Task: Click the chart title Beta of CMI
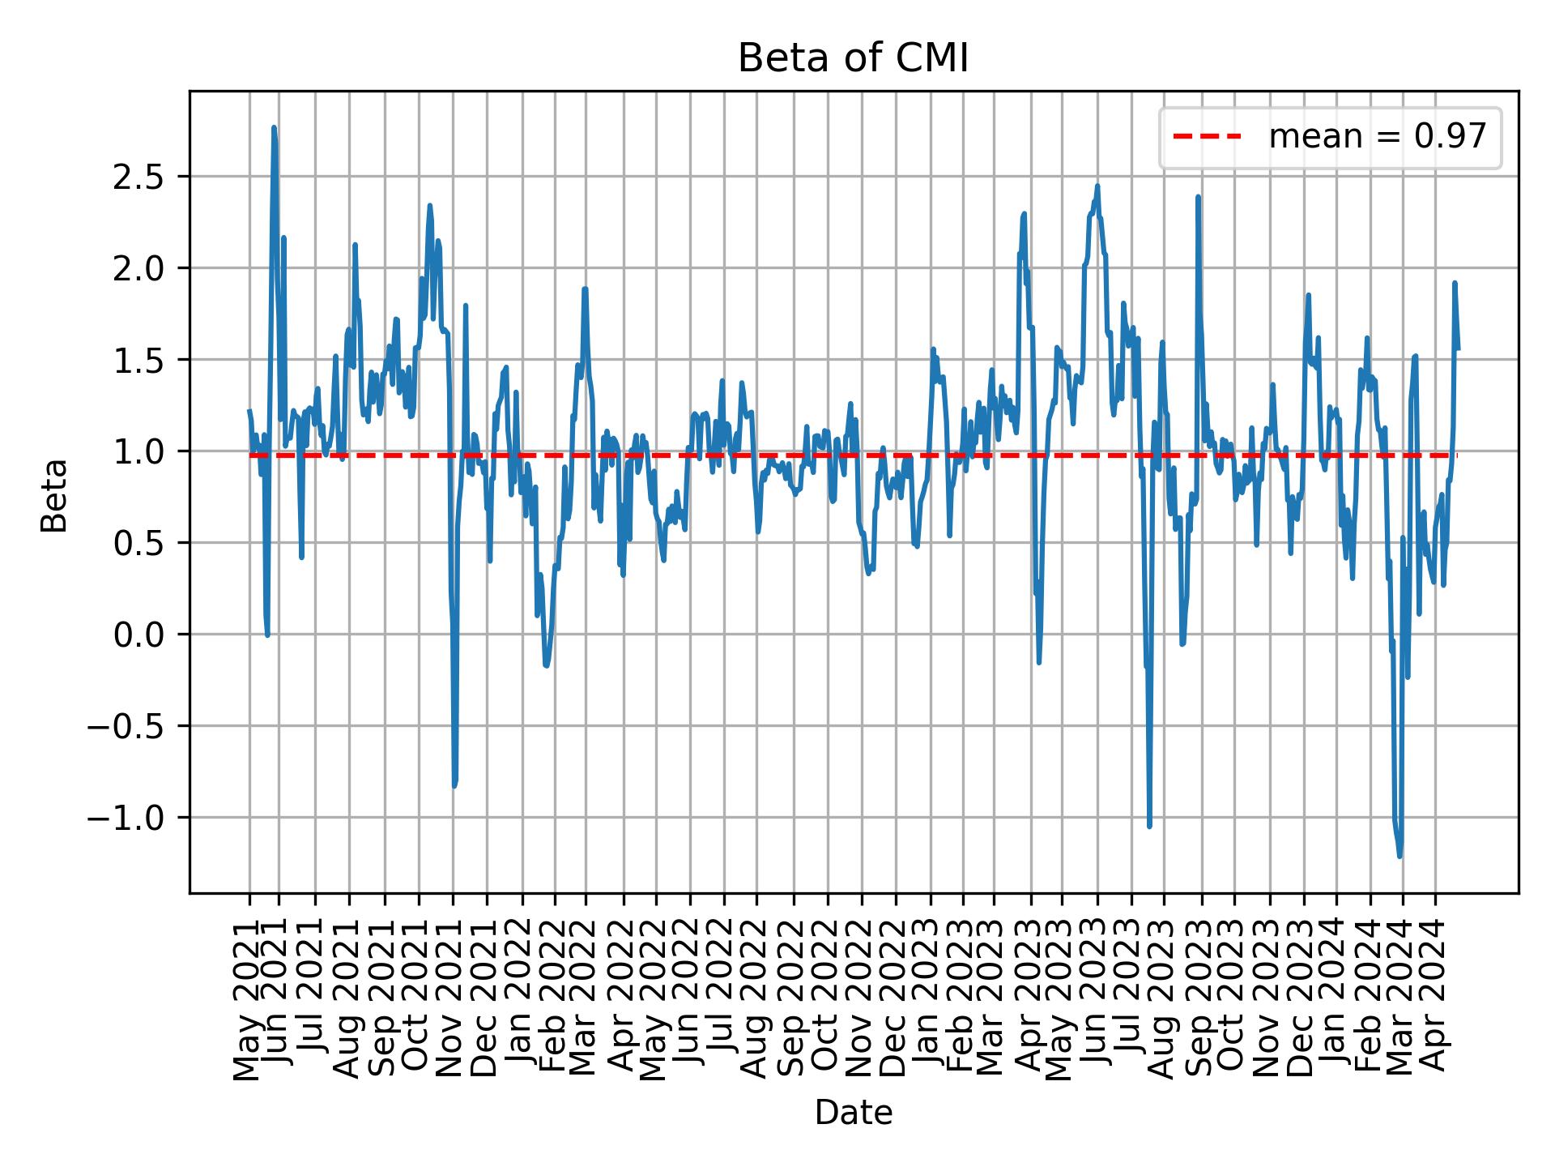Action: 853,59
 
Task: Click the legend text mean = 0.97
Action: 1377,137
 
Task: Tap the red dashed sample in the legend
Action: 1206,137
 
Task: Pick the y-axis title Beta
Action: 54,495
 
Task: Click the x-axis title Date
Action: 853,1114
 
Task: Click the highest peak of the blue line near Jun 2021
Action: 274,127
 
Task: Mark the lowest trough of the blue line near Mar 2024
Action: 1399,856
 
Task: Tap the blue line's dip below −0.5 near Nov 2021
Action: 454,785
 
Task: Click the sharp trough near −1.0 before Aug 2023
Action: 1149,826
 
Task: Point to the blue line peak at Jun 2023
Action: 1097,186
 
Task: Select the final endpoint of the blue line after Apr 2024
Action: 1458,348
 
